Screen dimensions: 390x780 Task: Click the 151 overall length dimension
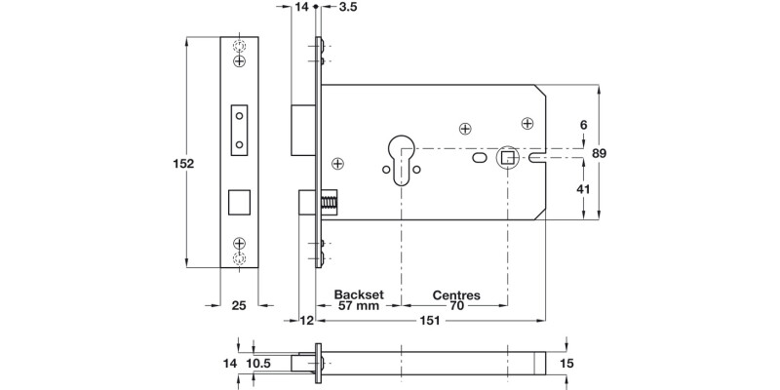point(426,320)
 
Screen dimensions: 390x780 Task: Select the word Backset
point(357,293)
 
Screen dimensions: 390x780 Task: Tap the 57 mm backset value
point(357,305)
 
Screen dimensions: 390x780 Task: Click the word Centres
point(454,293)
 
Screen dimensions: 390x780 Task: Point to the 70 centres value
point(454,305)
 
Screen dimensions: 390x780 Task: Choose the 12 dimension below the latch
point(307,320)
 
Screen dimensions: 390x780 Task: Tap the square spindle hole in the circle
point(507,156)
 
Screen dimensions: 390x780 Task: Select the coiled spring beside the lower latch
point(329,205)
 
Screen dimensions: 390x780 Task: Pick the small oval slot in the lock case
point(480,158)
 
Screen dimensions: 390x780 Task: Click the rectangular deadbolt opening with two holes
point(238,129)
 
